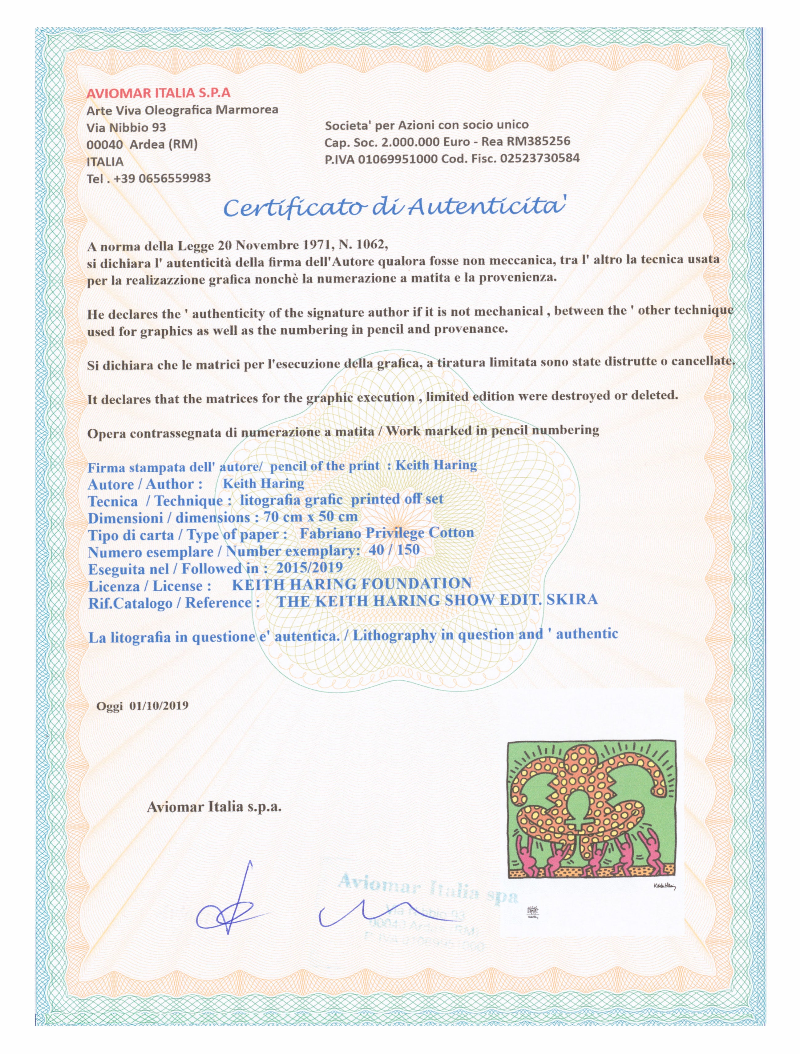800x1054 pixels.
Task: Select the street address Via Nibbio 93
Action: (x=126, y=127)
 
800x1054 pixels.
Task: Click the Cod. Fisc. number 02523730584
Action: (x=540, y=158)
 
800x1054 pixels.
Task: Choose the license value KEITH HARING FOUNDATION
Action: (x=351, y=584)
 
